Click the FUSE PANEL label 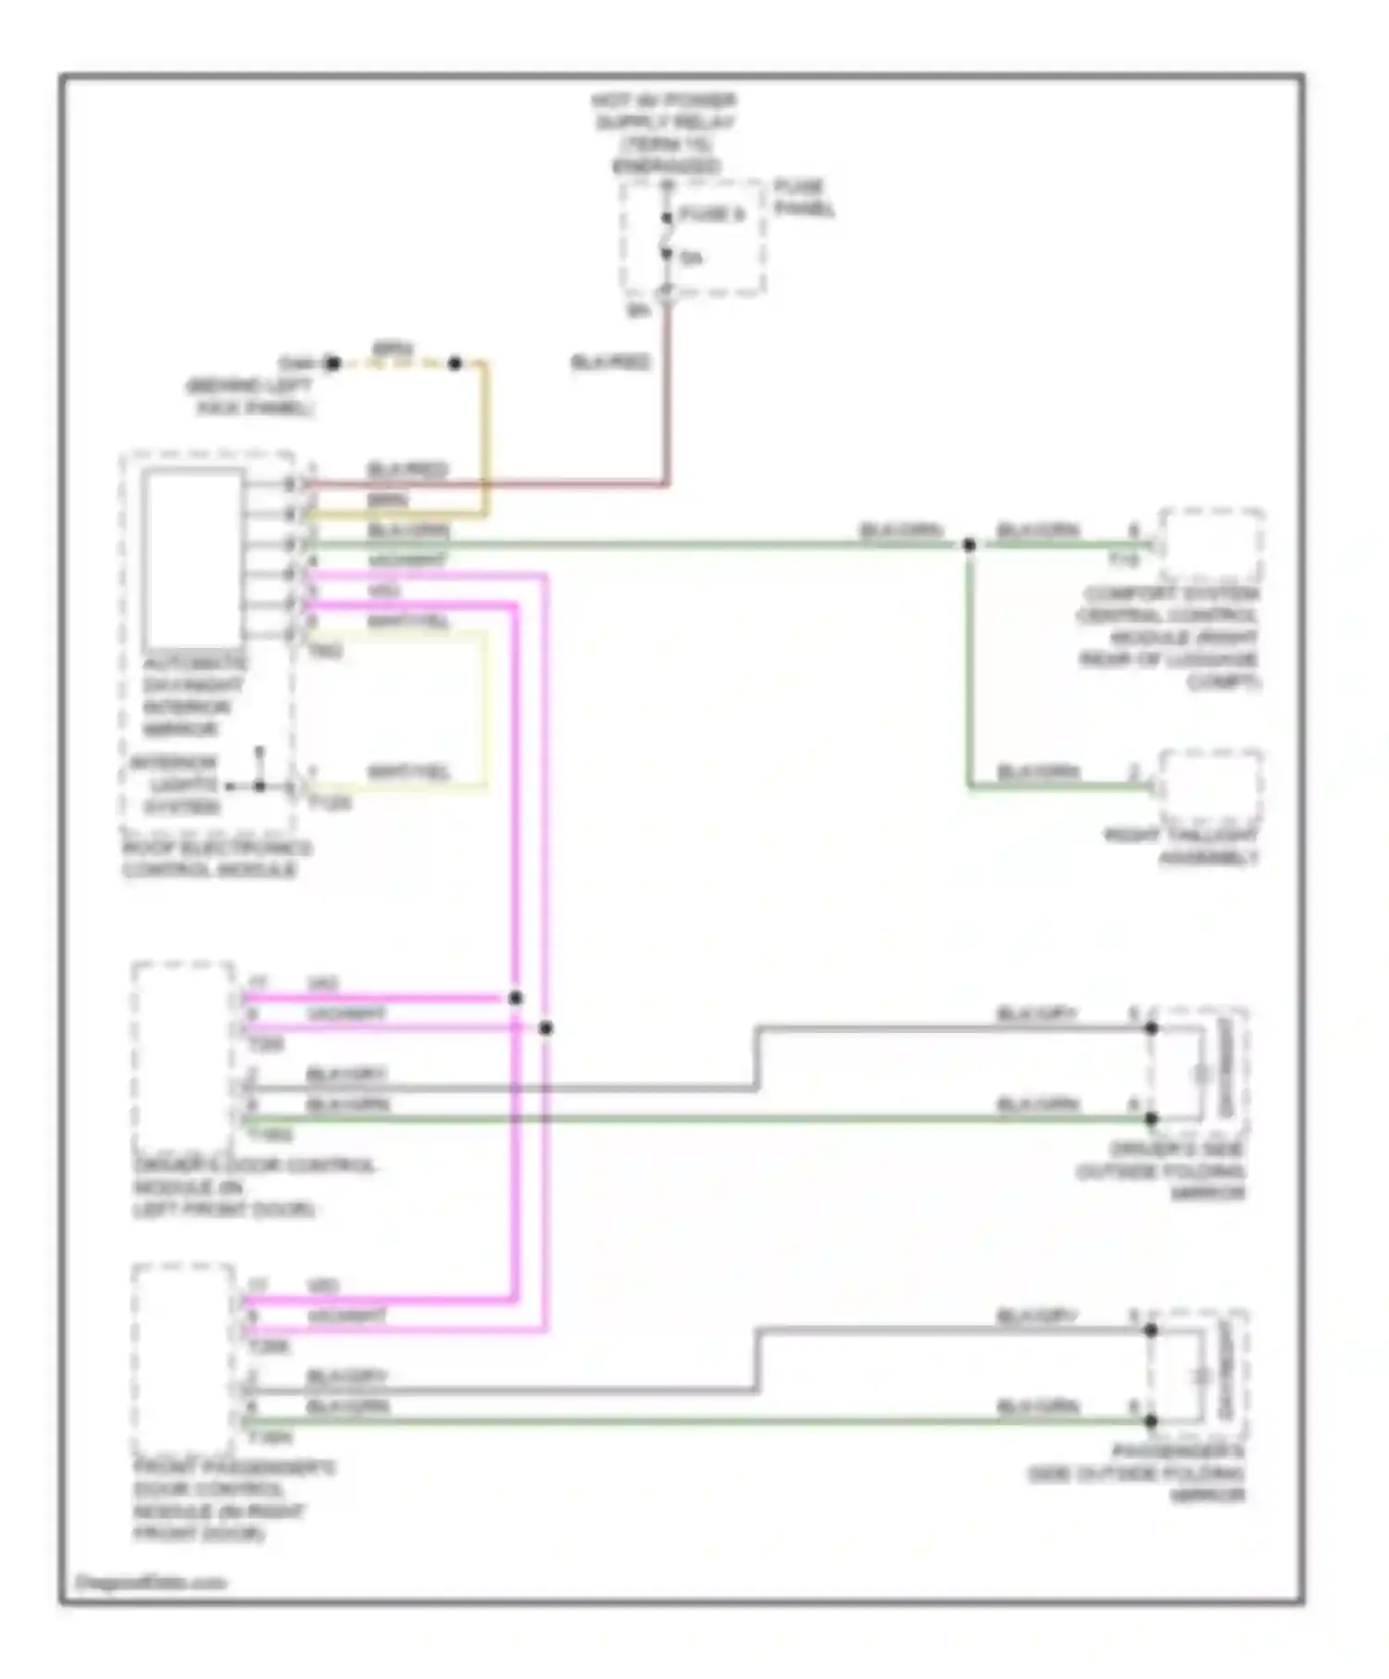pos(803,198)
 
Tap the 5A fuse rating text pos(691,258)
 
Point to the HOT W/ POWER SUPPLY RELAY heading pos(665,133)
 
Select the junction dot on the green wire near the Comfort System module pos(969,545)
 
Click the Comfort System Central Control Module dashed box pos(1211,545)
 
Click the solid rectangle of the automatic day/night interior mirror pos(193,560)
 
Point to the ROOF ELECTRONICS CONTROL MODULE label pos(217,859)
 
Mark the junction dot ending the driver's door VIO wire pos(516,998)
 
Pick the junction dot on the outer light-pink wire pos(546,1028)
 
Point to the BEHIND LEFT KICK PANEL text pos(251,397)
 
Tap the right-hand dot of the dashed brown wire pos(455,364)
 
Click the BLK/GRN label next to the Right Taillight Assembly pos(1037,771)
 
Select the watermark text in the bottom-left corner pos(150,1583)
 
